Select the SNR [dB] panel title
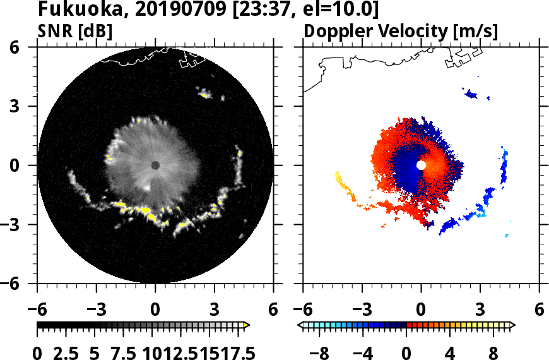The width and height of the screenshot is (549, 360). [75, 31]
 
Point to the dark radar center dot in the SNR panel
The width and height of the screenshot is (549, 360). [155, 165]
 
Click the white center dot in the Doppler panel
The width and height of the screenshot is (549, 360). [421, 165]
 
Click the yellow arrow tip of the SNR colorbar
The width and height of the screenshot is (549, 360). [247, 325]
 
